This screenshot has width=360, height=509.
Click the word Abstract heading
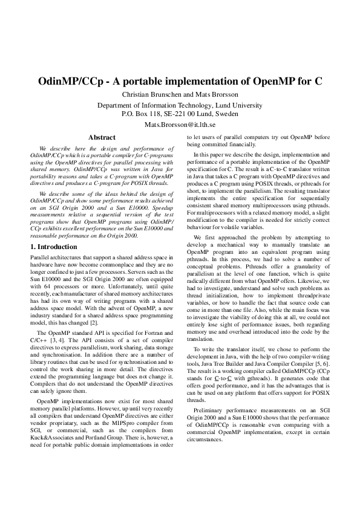pyautogui.click(x=102, y=137)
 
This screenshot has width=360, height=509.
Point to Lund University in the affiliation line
pyautogui.click(x=236, y=105)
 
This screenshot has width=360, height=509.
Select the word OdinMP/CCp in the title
pyautogui.click(x=69, y=81)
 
